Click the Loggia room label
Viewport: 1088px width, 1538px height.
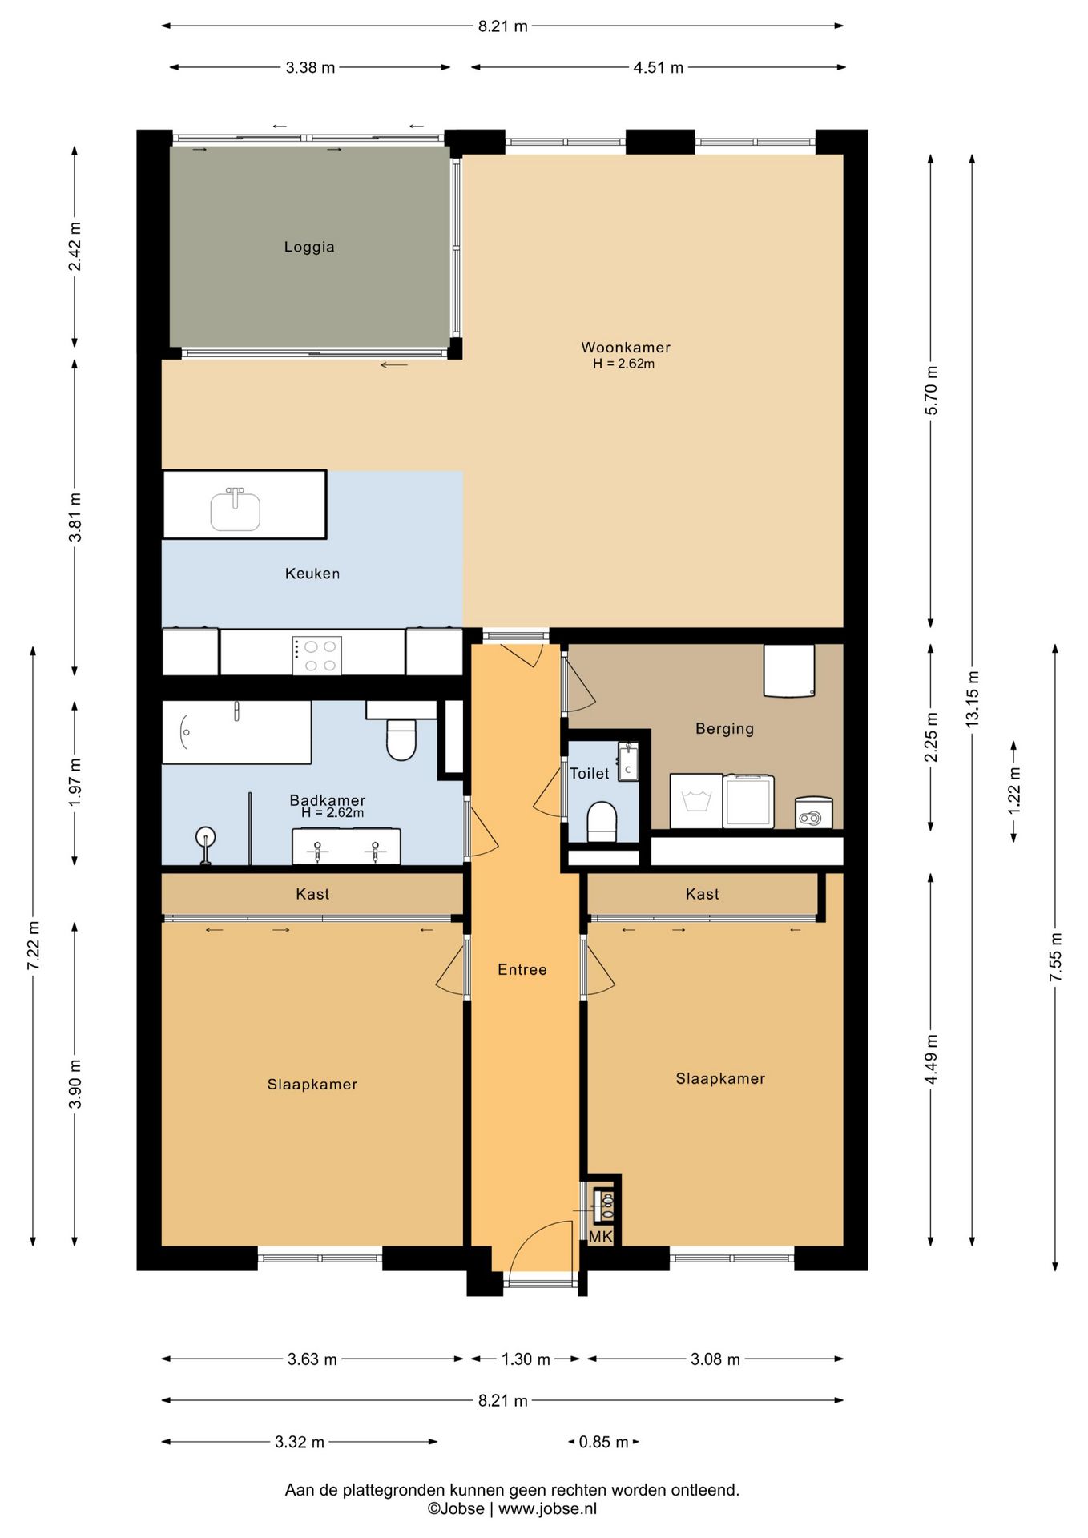pyautogui.click(x=309, y=247)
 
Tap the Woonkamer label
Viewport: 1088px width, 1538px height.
pyautogui.click(x=626, y=347)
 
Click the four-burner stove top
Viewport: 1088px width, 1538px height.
pyautogui.click(x=317, y=655)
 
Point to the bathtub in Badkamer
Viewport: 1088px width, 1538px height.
pyautogui.click(x=236, y=732)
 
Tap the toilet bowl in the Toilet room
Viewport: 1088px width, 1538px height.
pyautogui.click(x=602, y=822)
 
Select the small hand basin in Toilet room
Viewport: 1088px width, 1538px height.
pyautogui.click(x=628, y=762)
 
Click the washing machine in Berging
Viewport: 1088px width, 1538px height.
pyautogui.click(x=696, y=800)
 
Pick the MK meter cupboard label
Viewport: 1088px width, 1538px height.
pyautogui.click(x=600, y=1237)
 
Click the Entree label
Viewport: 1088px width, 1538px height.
pyautogui.click(x=522, y=969)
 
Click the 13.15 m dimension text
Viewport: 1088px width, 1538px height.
pyautogui.click(x=973, y=699)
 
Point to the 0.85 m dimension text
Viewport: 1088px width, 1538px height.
pyautogui.click(x=603, y=1442)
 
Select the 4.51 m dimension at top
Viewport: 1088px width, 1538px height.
pyautogui.click(x=659, y=67)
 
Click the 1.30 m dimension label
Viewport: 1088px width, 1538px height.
pyautogui.click(x=526, y=1359)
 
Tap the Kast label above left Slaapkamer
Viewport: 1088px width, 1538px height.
pyautogui.click(x=312, y=894)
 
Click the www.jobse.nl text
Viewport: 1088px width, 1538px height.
pyautogui.click(x=547, y=1508)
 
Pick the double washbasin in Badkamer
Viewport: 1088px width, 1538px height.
pyautogui.click(x=346, y=847)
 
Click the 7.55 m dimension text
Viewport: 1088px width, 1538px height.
pyautogui.click(x=1056, y=957)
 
